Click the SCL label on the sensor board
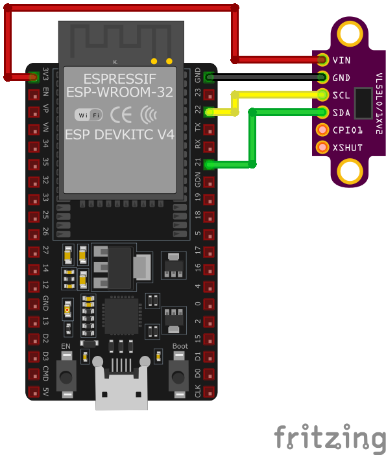coord(341,95)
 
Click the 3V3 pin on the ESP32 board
coord(33,77)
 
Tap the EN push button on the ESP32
coord(66,375)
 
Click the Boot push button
coord(178,375)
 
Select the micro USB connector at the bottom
coord(121,388)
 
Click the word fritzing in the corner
coord(329,438)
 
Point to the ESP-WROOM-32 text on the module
coord(119,92)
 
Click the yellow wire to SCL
coord(279,95)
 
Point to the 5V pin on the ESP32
coord(33,391)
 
